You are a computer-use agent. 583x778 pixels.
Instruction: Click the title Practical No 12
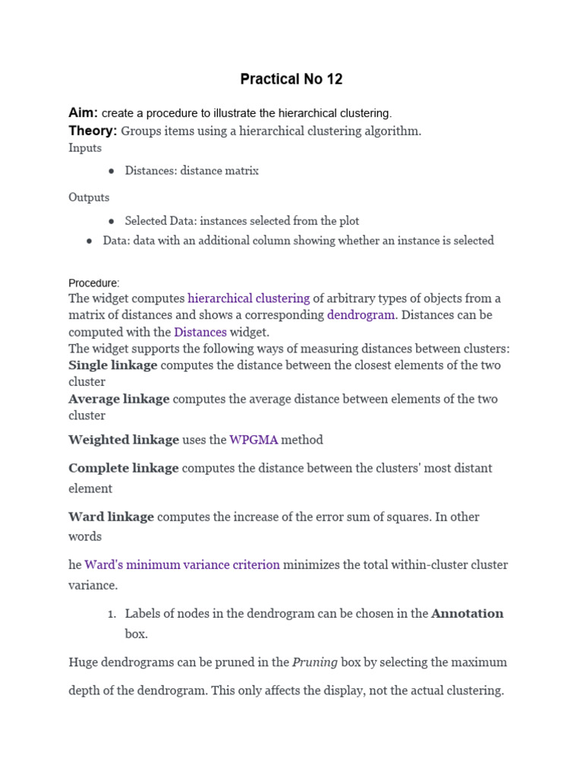[291, 79]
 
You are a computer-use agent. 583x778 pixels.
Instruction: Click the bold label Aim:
[83, 112]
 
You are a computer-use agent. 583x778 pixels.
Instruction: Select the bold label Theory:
[93, 131]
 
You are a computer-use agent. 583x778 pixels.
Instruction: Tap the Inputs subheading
[85, 148]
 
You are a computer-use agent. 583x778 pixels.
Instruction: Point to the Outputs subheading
[89, 198]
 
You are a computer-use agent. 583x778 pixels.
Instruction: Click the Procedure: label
[94, 283]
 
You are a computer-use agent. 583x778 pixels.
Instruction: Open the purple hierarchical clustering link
[248, 299]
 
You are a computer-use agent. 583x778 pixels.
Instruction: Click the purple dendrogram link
[361, 315]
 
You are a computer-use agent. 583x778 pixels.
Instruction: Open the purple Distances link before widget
[200, 332]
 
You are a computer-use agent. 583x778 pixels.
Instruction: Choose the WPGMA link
[254, 440]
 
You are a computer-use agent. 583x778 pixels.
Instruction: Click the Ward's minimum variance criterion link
[182, 565]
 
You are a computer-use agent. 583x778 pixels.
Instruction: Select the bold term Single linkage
[113, 365]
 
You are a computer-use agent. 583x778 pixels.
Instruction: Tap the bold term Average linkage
[118, 399]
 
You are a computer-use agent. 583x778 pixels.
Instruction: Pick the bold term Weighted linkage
[124, 440]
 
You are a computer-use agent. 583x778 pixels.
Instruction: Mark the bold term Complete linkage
[124, 468]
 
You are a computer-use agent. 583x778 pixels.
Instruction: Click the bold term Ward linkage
[111, 517]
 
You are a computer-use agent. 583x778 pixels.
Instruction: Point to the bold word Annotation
[467, 614]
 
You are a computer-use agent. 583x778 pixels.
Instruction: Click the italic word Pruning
[315, 663]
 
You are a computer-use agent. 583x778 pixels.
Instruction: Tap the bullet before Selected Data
[112, 221]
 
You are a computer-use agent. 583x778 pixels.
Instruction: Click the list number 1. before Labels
[109, 614]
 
